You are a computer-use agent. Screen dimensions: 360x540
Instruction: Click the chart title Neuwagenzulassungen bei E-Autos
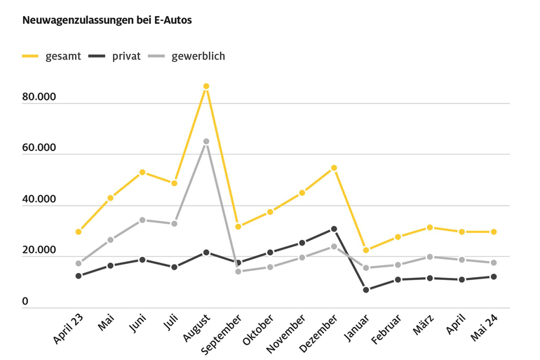[x=107, y=20]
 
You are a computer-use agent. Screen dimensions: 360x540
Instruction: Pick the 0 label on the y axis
[x=25, y=302]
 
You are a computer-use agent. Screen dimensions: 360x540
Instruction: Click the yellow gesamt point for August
[x=206, y=86]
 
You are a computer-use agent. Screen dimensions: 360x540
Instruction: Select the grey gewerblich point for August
[x=206, y=142]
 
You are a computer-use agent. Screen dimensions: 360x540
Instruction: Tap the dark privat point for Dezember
[x=334, y=229]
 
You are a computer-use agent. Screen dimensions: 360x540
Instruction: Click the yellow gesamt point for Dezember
[x=334, y=168]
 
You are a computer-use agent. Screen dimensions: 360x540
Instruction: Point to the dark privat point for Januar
[x=366, y=290]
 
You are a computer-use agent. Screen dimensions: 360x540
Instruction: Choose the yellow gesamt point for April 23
[x=79, y=232]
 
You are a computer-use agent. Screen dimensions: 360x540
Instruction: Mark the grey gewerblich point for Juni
[x=142, y=220]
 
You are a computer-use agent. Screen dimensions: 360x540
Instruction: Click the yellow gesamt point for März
[x=430, y=227]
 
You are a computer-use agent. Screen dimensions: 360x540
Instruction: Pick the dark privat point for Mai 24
[x=494, y=276]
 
